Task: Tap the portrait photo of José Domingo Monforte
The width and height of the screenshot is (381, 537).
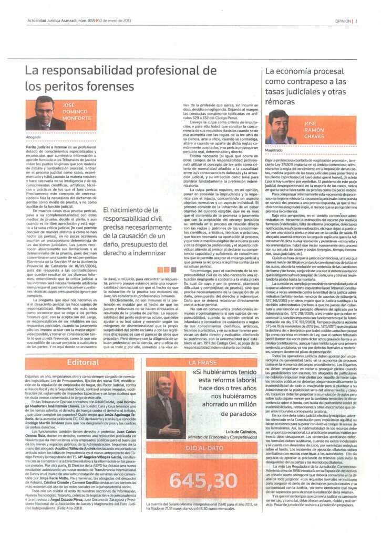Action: [46, 112]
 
